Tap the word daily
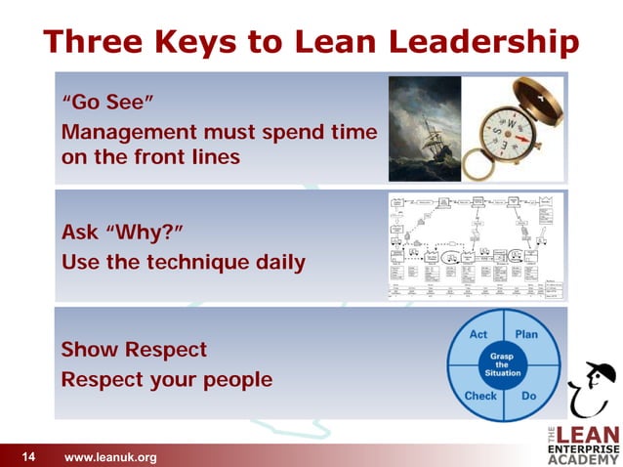point(277,263)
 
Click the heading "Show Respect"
point(134,349)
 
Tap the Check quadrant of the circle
point(478,396)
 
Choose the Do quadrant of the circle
point(529,396)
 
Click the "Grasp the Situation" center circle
point(504,365)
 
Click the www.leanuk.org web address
point(109,456)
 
